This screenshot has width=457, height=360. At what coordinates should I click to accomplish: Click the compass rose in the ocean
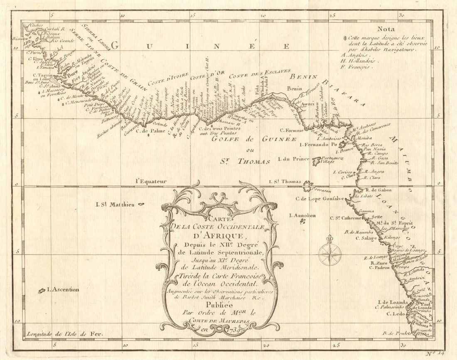click(330, 254)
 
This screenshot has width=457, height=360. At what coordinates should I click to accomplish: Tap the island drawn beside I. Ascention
click(42, 291)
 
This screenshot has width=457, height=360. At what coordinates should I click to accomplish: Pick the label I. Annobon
click(302, 215)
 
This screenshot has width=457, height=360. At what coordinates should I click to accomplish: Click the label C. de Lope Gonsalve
click(320, 198)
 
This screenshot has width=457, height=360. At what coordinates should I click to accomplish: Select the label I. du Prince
click(294, 159)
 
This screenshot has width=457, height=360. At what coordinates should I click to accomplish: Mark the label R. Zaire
click(379, 263)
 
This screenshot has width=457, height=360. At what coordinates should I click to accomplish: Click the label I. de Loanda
click(391, 302)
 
